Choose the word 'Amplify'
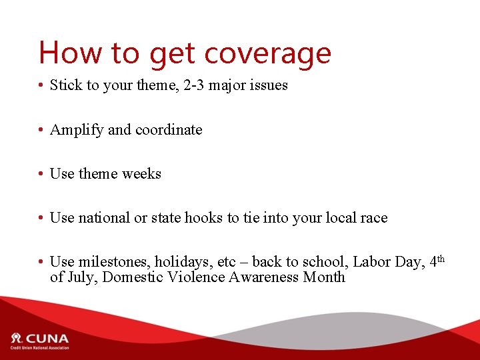[76, 130]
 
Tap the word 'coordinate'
[169, 130]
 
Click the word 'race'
[373, 218]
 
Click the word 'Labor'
[373, 263]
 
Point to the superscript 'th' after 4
[440, 258]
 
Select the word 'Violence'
[193, 277]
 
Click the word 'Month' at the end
[324, 277]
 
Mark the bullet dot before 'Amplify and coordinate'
[41, 131]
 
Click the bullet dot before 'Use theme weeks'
[41, 175]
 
